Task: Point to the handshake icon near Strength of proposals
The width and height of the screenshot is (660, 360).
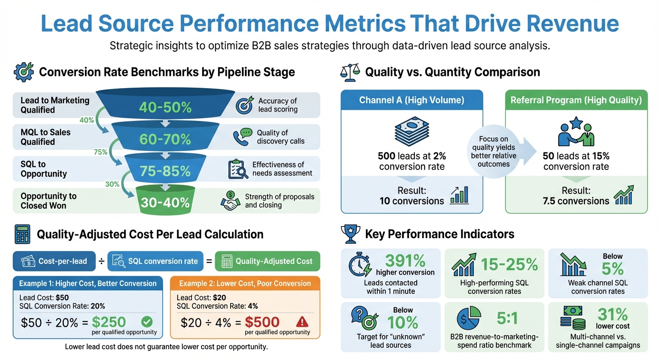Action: click(231, 201)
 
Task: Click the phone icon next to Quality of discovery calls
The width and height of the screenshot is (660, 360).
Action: click(242, 136)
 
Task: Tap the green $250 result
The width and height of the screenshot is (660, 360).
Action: click(109, 322)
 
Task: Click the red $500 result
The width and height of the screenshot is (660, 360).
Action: click(262, 322)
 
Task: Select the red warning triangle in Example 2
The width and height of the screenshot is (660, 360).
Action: click(303, 322)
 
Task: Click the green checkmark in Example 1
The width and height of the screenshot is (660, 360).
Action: click(147, 322)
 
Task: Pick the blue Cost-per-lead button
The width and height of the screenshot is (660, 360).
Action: click(55, 261)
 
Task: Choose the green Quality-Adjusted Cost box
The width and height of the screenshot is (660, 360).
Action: click(267, 261)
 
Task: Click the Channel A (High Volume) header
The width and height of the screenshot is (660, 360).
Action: click(412, 100)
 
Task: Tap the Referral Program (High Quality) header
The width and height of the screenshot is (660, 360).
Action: click(576, 100)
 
